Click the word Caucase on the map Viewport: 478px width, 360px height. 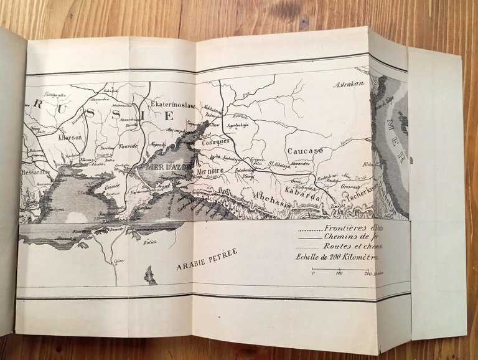[x=305, y=151]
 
